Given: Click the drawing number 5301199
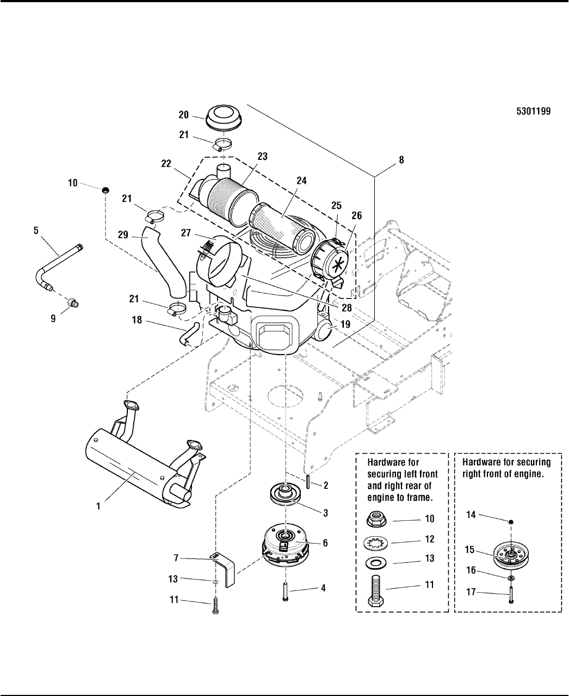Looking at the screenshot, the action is pyautogui.click(x=533, y=111).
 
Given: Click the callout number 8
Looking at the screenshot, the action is pyautogui.click(x=401, y=160).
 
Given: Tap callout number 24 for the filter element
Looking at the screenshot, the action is pyautogui.click(x=301, y=181).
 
